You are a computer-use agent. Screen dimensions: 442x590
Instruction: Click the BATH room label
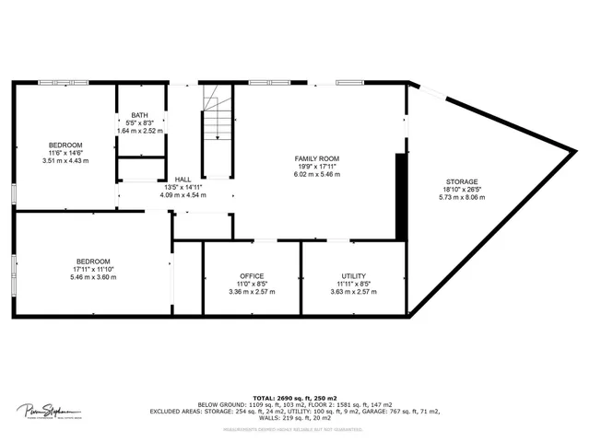139,114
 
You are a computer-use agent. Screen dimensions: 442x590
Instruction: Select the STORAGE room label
461,181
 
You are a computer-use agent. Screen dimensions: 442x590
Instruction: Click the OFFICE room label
252,276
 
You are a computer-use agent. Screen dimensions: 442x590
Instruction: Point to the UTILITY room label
354,276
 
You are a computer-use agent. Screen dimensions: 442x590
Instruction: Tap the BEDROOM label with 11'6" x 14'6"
65,145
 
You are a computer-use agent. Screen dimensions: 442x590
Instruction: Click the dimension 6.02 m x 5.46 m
317,174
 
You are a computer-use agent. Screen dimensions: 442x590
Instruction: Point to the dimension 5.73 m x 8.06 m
461,197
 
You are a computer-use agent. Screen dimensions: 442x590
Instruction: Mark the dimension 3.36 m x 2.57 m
252,292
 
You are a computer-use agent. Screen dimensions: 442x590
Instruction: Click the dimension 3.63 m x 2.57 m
354,292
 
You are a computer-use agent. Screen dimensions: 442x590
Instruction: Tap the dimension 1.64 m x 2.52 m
139,131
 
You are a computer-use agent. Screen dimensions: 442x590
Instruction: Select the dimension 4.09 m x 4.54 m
182,195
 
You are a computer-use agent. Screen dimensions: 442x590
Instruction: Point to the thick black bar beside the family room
400,197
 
